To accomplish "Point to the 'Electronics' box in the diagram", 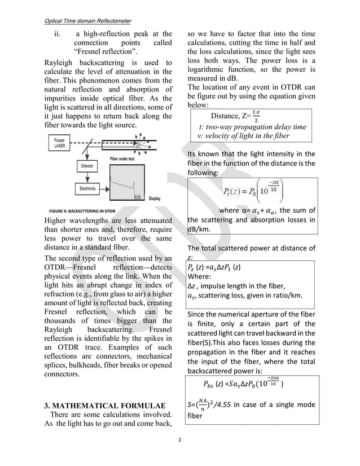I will click(x=88, y=188).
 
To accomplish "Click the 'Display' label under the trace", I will click(x=154, y=199).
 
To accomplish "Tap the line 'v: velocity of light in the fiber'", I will click(x=243, y=137).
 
